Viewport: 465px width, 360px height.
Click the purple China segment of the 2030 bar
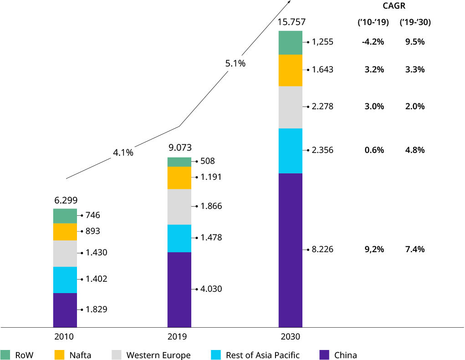click(x=290, y=250)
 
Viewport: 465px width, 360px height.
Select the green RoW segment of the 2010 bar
click(x=65, y=216)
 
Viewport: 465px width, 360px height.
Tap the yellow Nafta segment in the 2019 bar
click(x=179, y=177)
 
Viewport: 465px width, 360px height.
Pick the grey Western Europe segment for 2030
click(x=290, y=107)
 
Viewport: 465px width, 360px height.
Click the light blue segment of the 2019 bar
click(x=179, y=238)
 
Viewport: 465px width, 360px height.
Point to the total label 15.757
click(x=291, y=22)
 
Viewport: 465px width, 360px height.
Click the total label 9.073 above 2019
click(x=180, y=147)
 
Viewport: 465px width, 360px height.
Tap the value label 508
click(x=207, y=161)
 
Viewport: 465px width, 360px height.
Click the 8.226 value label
click(x=322, y=249)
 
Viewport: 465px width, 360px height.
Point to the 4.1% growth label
click(x=123, y=153)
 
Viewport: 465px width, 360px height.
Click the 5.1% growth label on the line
click(x=235, y=63)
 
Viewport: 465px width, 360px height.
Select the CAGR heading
click(x=394, y=6)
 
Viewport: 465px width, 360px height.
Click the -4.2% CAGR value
click(x=373, y=42)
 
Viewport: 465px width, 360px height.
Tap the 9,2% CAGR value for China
click(x=374, y=249)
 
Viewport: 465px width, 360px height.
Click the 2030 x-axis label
click(x=291, y=337)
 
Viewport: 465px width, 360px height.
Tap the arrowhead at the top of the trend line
click(x=289, y=2)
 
